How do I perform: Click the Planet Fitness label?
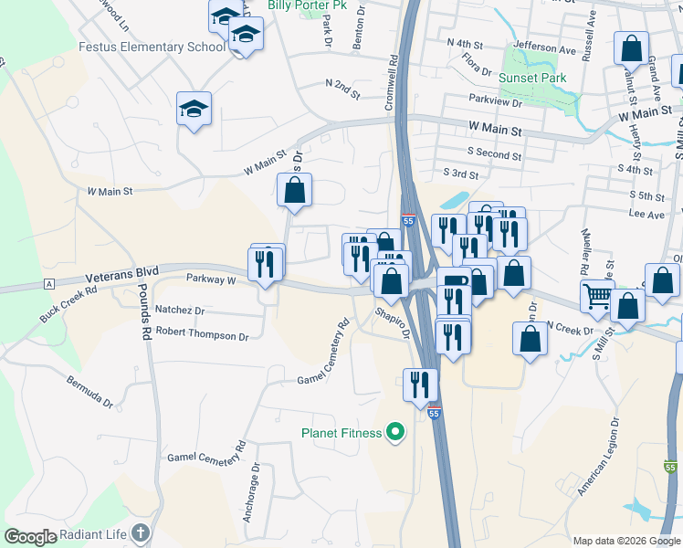(x=341, y=432)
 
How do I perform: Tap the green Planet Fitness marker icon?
(x=395, y=431)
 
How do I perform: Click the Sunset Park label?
(x=533, y=78)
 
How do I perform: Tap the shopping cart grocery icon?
(x=597, y=296)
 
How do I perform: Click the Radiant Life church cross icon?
(x=140, y=532)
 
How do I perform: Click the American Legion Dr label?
(x=598, y=457)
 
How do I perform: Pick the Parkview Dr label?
(x=494, y=101)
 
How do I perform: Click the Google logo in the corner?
(x=31, y=536)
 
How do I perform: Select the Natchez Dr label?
(x=180, y=310)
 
